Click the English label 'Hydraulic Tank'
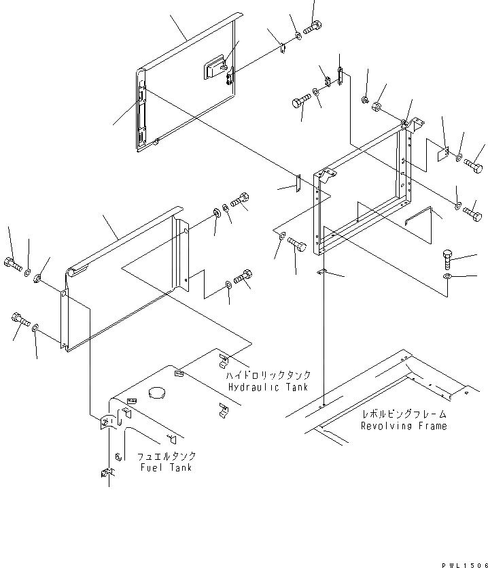click(x=268, y=387)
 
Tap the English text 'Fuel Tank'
click(x=166, y=467)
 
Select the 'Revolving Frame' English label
click(x=404, y=426)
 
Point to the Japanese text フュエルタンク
click(x=166, y=456)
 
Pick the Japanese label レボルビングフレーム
click(x=404, y=414)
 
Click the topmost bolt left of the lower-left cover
click(x=14, y=264)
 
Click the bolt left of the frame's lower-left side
click(x=296, y=244)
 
